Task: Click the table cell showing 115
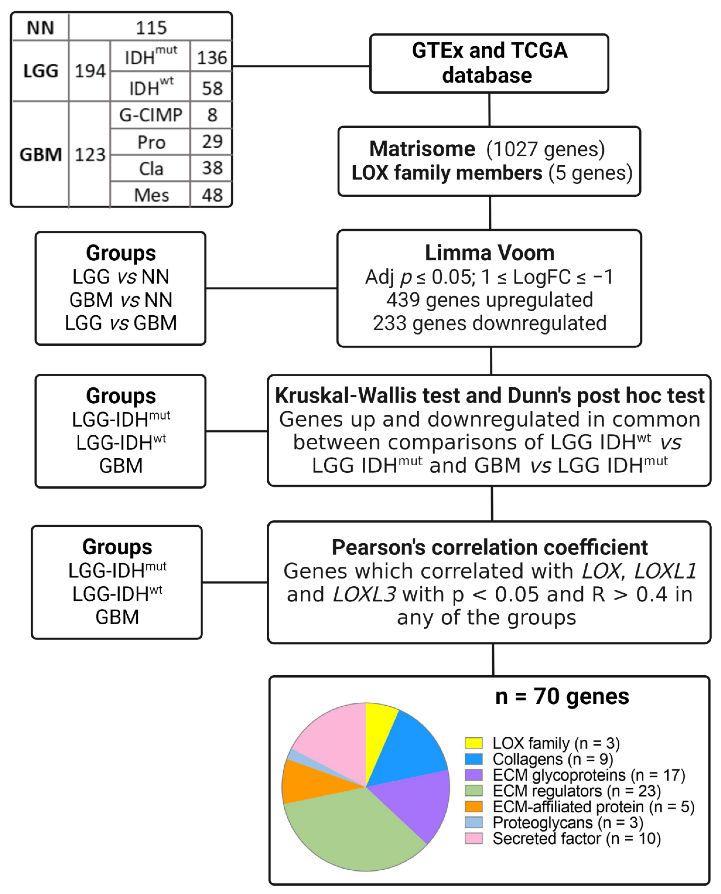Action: click(x=151, y=28)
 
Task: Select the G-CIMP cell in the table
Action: click(x=151, y=115)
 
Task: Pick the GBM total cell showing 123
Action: click(x=90, y=155)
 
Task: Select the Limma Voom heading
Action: click(x=489, y=253)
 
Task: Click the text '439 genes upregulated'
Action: click(x=489, y=300)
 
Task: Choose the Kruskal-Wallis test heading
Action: click(x=489, y=395)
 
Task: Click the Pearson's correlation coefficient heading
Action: click(x=489, y=547)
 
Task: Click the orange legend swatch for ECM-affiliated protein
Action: click(x=473, y=807)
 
